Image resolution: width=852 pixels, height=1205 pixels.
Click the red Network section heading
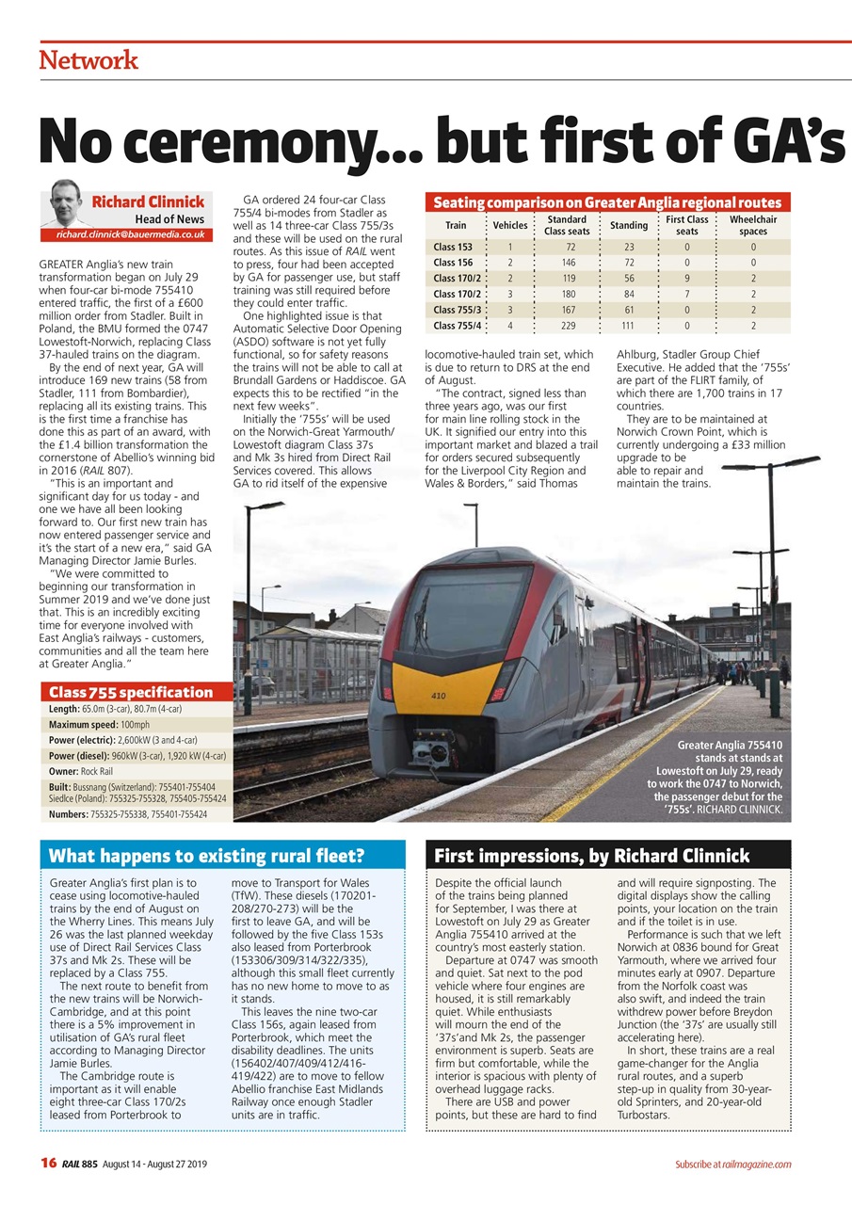(88, 60)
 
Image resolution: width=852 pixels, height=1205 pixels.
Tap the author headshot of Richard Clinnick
(65, 202)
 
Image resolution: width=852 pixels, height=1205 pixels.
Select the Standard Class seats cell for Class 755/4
(567, 326)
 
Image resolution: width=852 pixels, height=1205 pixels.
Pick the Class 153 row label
(453, 247)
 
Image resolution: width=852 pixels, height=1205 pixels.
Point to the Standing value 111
(627, 326)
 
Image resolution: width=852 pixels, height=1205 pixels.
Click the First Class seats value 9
(687, 279)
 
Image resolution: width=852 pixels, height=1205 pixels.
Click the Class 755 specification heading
(131, 692)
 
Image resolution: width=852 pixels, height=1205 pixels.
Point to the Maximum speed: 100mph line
(99, 724)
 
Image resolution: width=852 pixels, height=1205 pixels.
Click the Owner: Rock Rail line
(77, 771)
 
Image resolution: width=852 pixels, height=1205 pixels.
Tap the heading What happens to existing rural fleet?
(206, 856)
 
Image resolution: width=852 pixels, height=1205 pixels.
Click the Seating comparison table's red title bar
(608, 202)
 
